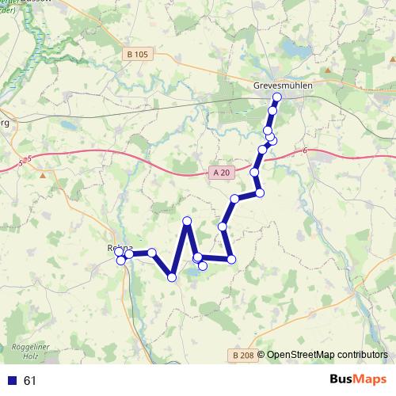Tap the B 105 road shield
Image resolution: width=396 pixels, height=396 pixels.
click(x=136, y=55)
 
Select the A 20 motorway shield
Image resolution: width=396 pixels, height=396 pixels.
click(x=221, y=173)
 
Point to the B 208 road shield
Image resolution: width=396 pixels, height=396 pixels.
click(x=243, y=356)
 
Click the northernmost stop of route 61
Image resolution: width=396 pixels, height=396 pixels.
click(x=277, y=97)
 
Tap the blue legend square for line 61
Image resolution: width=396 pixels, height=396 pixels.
click(x=12, y=381)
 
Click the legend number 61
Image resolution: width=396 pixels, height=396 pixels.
click(x=30, y=381)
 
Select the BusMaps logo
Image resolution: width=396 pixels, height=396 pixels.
click(x=358, y=380)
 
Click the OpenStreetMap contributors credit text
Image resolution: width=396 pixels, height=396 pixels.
click(x=326, y=355)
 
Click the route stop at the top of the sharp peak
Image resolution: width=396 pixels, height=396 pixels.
click(x=187, y=221)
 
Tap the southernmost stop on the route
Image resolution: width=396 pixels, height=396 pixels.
click(x=172, y=277)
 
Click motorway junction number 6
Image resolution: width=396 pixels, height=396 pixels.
click(x=304, y=150)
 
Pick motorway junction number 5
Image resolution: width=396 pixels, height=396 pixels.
click(x=28, y=159)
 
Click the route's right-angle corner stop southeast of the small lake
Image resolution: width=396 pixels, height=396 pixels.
click(x=231, y=259)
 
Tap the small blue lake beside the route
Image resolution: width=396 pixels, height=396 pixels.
click(x=192, y=273)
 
